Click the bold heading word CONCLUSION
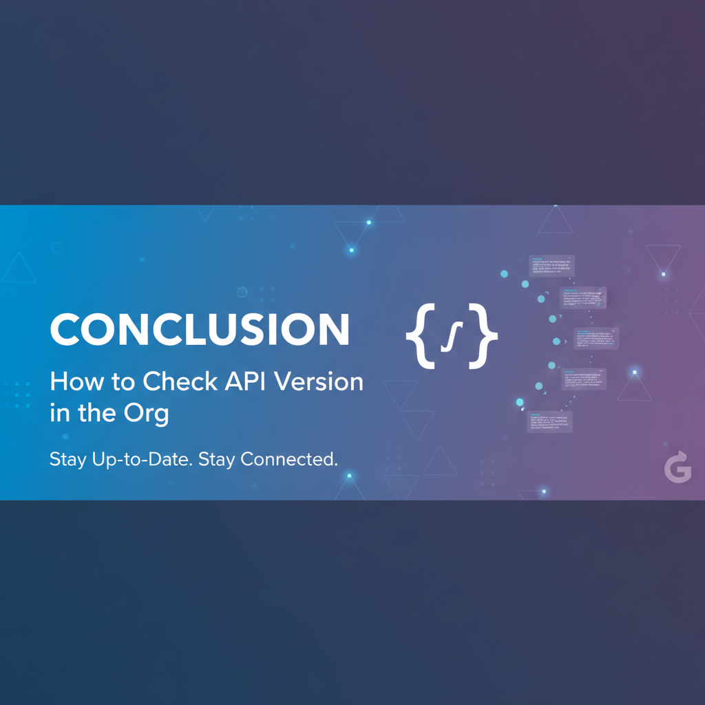tap(200, 330)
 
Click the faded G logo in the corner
tap(677, 467)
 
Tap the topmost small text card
tap(551, 266)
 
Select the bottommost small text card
tap(549, 421)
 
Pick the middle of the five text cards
tap(596, 338)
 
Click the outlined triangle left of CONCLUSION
tap(19, 268)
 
